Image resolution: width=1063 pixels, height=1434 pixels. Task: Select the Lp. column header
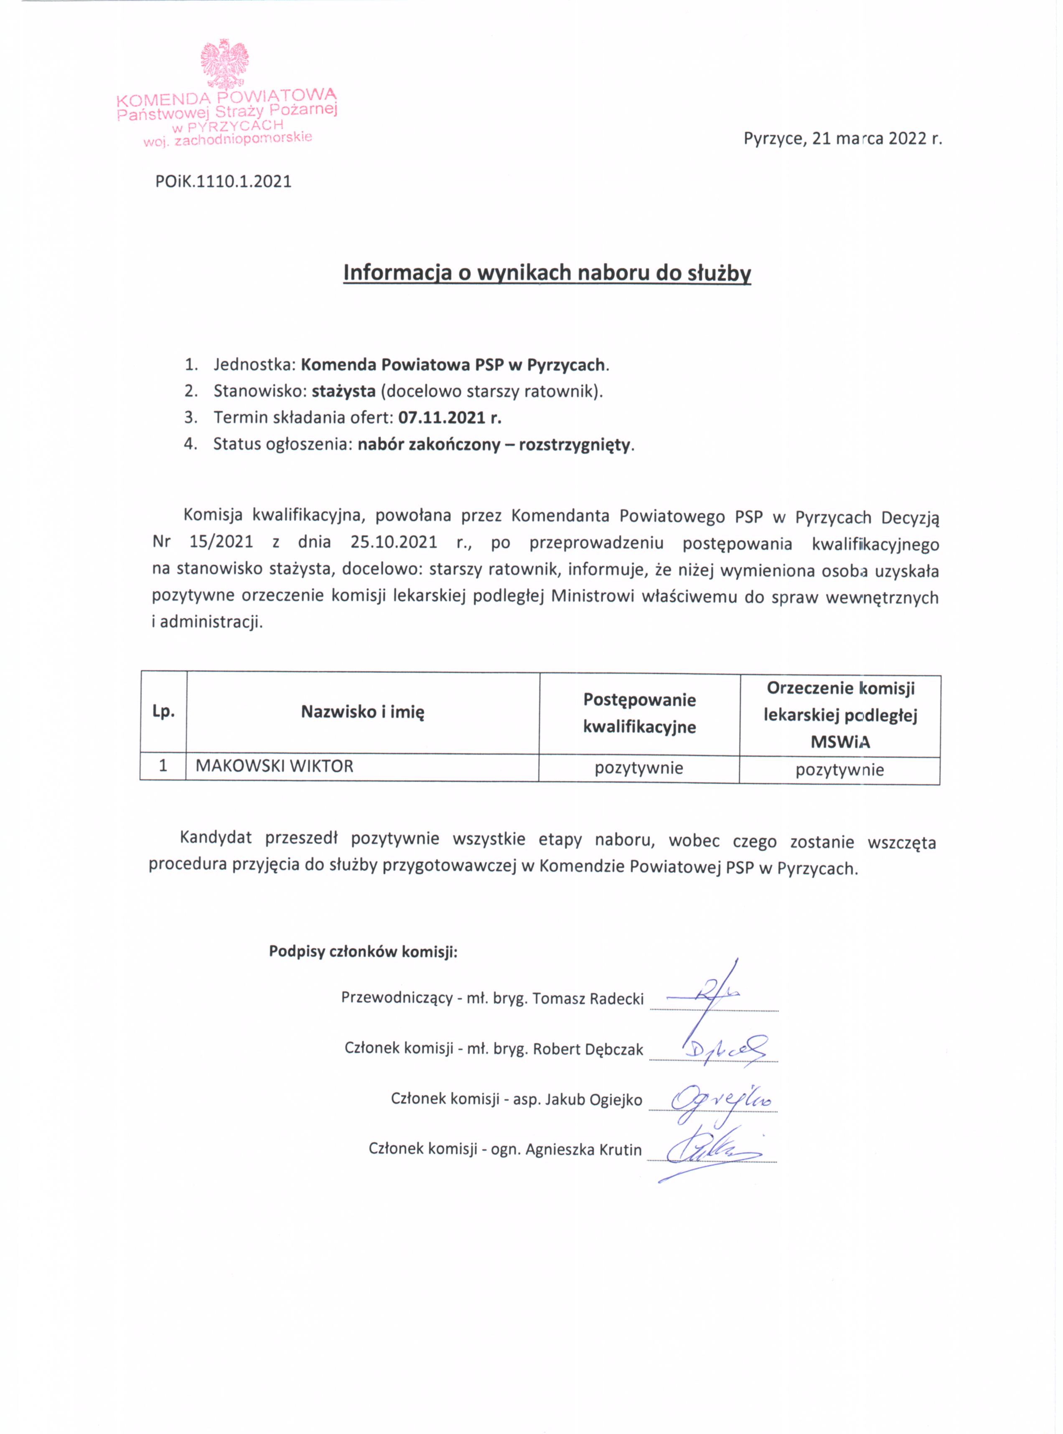(163, 712)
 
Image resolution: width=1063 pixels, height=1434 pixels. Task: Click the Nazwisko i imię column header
(363, 712)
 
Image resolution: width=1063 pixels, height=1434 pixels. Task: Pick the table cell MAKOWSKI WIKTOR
(275, 766)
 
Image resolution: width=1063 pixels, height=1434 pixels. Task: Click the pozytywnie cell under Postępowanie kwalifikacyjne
(638, 768)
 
